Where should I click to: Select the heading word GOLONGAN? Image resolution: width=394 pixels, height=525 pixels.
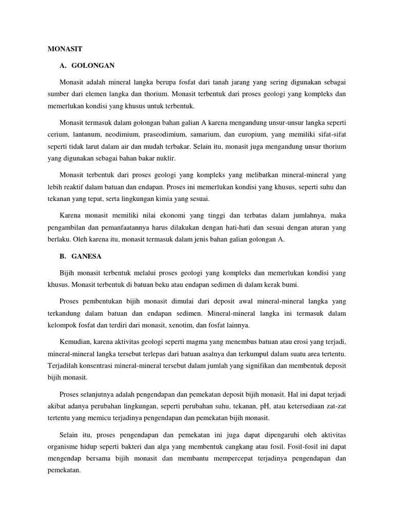93,66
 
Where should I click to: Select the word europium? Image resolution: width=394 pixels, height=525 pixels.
262,134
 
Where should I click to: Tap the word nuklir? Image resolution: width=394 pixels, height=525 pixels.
165,158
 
